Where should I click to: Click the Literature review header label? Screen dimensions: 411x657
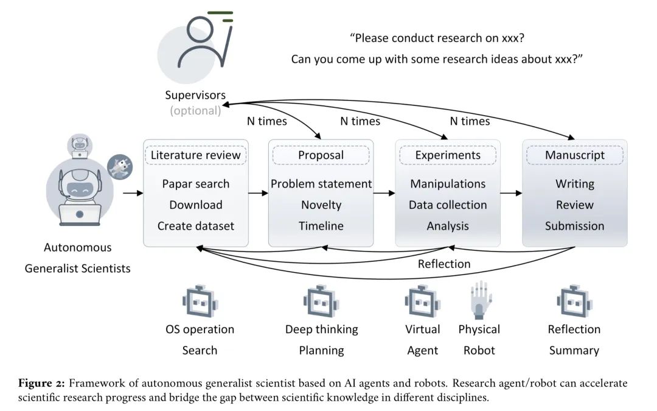pyautogui.click(x=195, y=155)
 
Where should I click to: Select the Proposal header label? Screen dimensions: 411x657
pyautogui.click(x=321, y=155)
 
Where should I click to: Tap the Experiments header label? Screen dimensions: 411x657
pyautogui.click(x=448, y=155)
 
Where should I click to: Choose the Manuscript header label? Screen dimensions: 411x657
pyautogui.click(x=575, y=155)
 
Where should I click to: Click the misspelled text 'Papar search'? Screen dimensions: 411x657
pyautogui.click(x=195, y=184)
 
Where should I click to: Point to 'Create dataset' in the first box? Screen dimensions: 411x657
pyautogui.click(x=195, y=226)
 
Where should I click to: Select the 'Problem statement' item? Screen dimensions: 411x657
pyautogui.click(x=321, y=184)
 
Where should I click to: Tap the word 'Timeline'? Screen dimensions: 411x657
pyautogui.click(x=321, y=226)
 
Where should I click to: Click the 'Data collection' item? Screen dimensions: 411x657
pyautogui.click(x=448, y=205)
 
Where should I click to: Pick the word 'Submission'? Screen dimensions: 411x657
pyautogui.click(x=575, y=226)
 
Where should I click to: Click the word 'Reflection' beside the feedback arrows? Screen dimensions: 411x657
pyautogui.click(x=444, y=264)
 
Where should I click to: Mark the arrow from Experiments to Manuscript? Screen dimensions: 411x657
pyautogui.click(x=511, y=194)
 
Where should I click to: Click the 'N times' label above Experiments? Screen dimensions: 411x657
pyautogui.click(x=470, y=121)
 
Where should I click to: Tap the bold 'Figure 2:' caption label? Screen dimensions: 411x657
pyautogui.click(x=41, y=383)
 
